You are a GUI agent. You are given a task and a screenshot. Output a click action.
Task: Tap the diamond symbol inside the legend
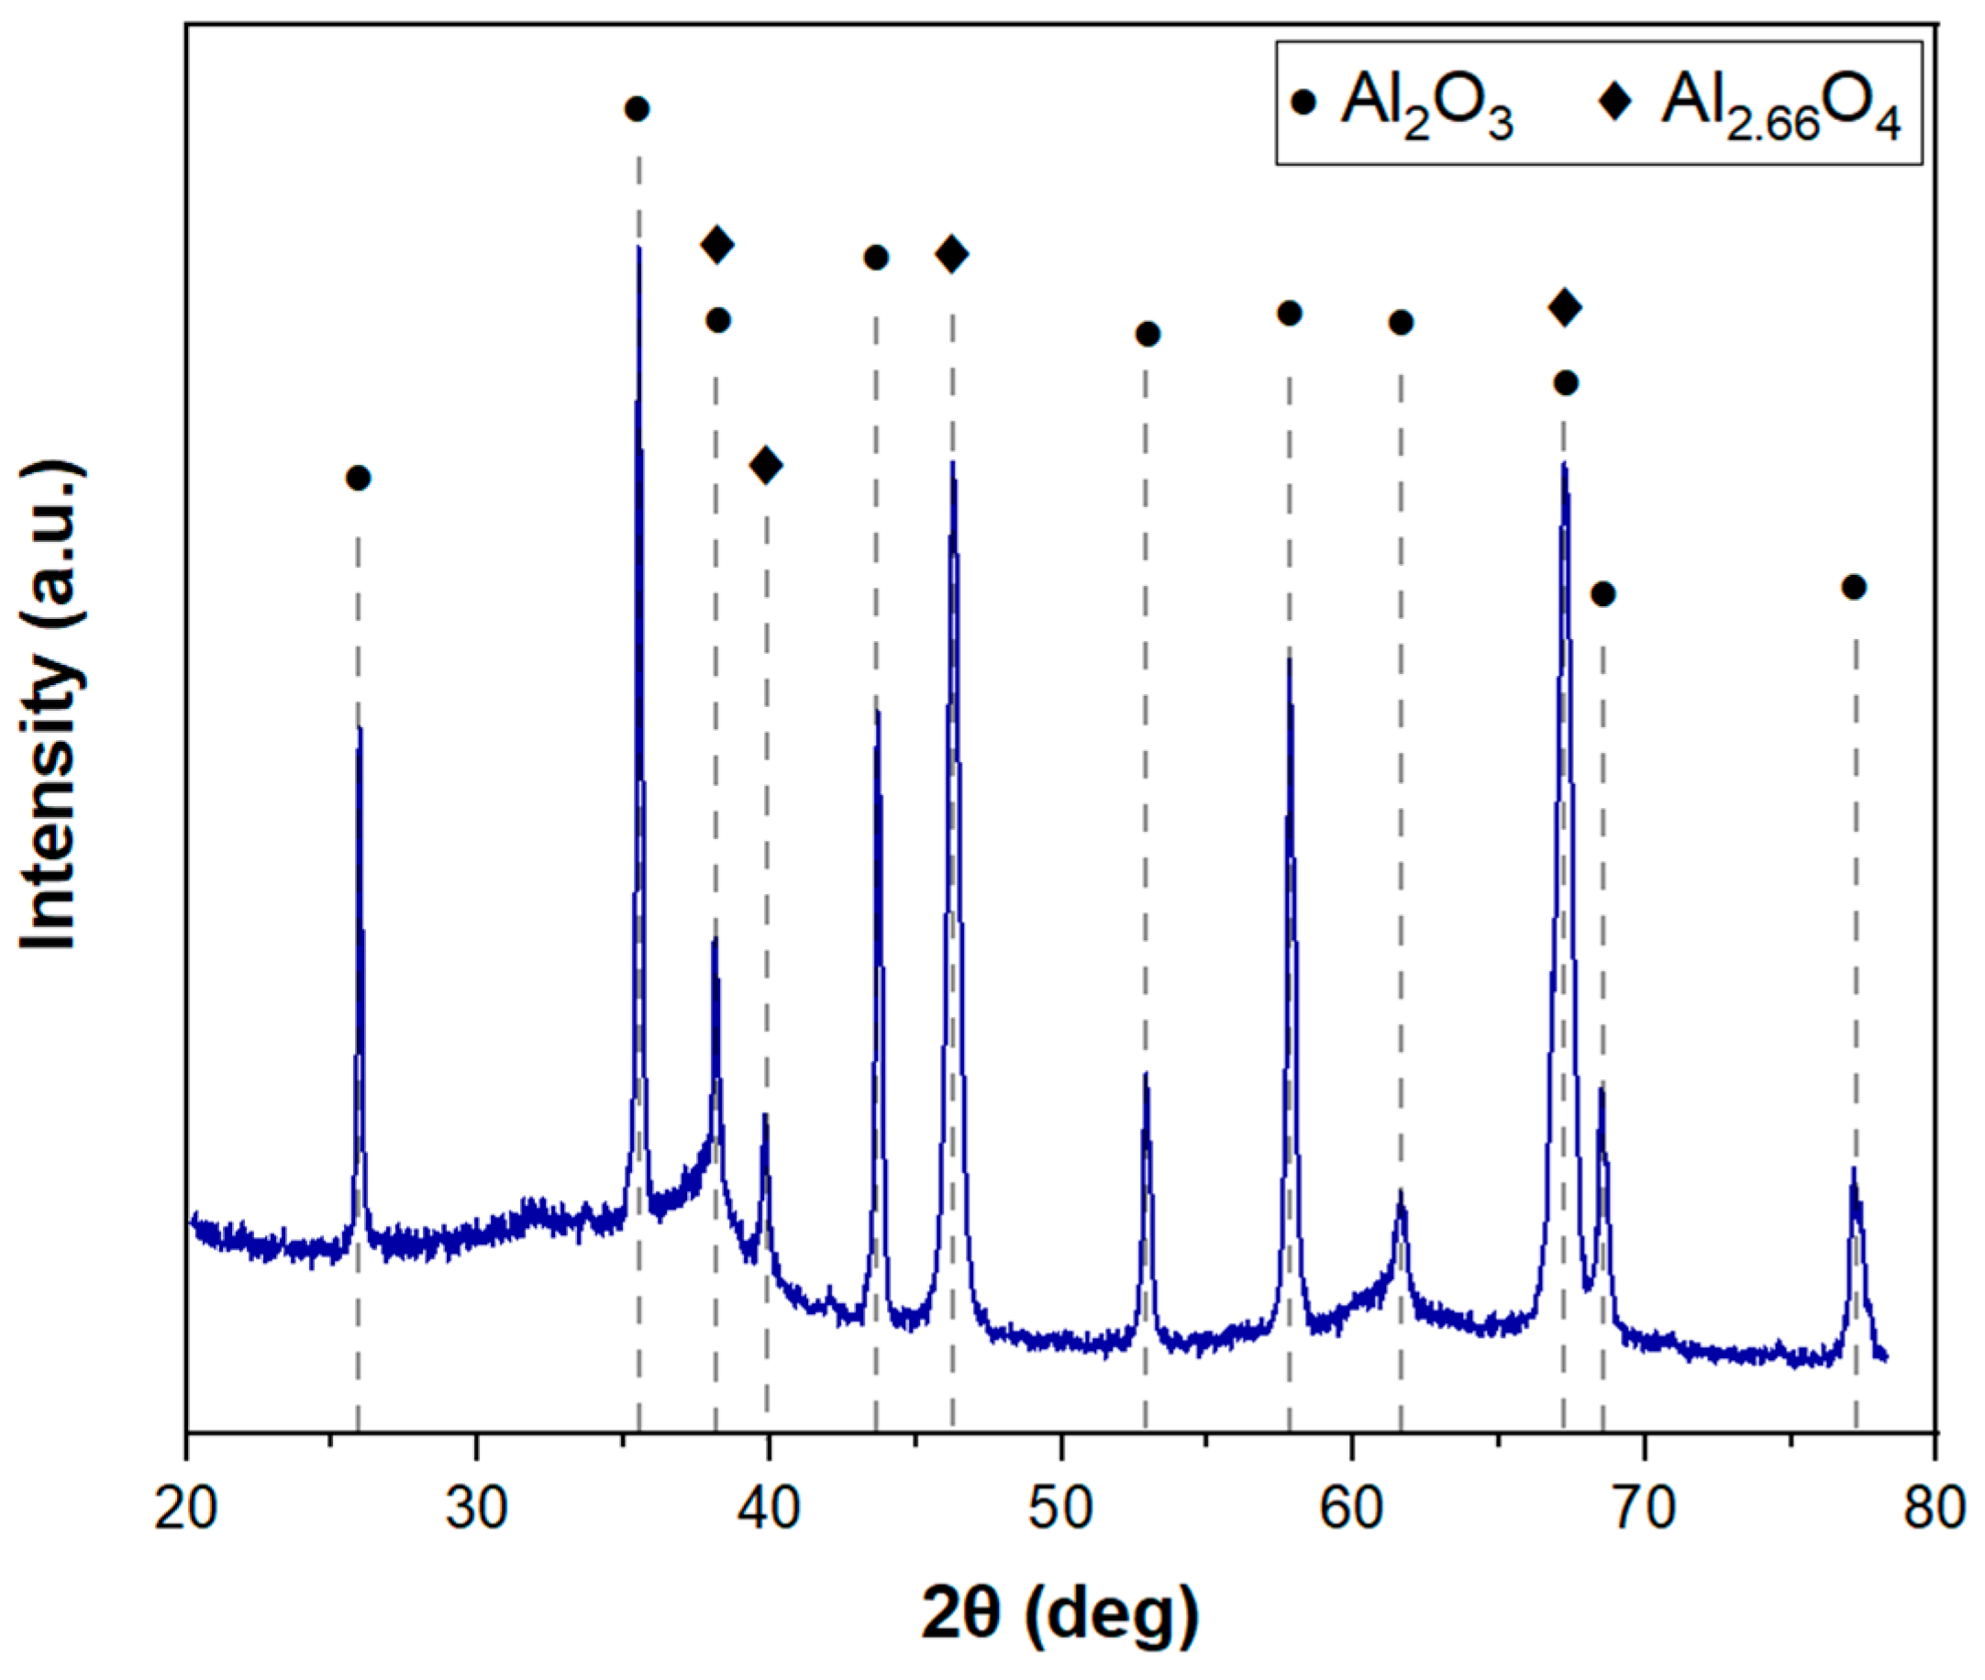1615,99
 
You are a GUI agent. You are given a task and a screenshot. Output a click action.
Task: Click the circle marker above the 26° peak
358,477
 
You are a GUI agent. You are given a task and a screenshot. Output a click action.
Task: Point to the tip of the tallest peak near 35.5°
638,248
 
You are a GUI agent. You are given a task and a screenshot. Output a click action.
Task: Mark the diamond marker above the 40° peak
767,465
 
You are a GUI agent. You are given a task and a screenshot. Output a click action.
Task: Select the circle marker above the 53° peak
1148,333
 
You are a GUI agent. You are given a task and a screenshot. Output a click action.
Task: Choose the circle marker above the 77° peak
1854,587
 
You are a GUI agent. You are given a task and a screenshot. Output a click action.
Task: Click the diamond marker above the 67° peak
1565,306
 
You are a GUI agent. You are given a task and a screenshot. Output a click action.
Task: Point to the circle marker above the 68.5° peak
1603,594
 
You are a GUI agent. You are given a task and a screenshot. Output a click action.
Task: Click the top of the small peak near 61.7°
1400,1191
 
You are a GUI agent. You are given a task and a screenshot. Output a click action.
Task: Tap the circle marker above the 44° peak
876,257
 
